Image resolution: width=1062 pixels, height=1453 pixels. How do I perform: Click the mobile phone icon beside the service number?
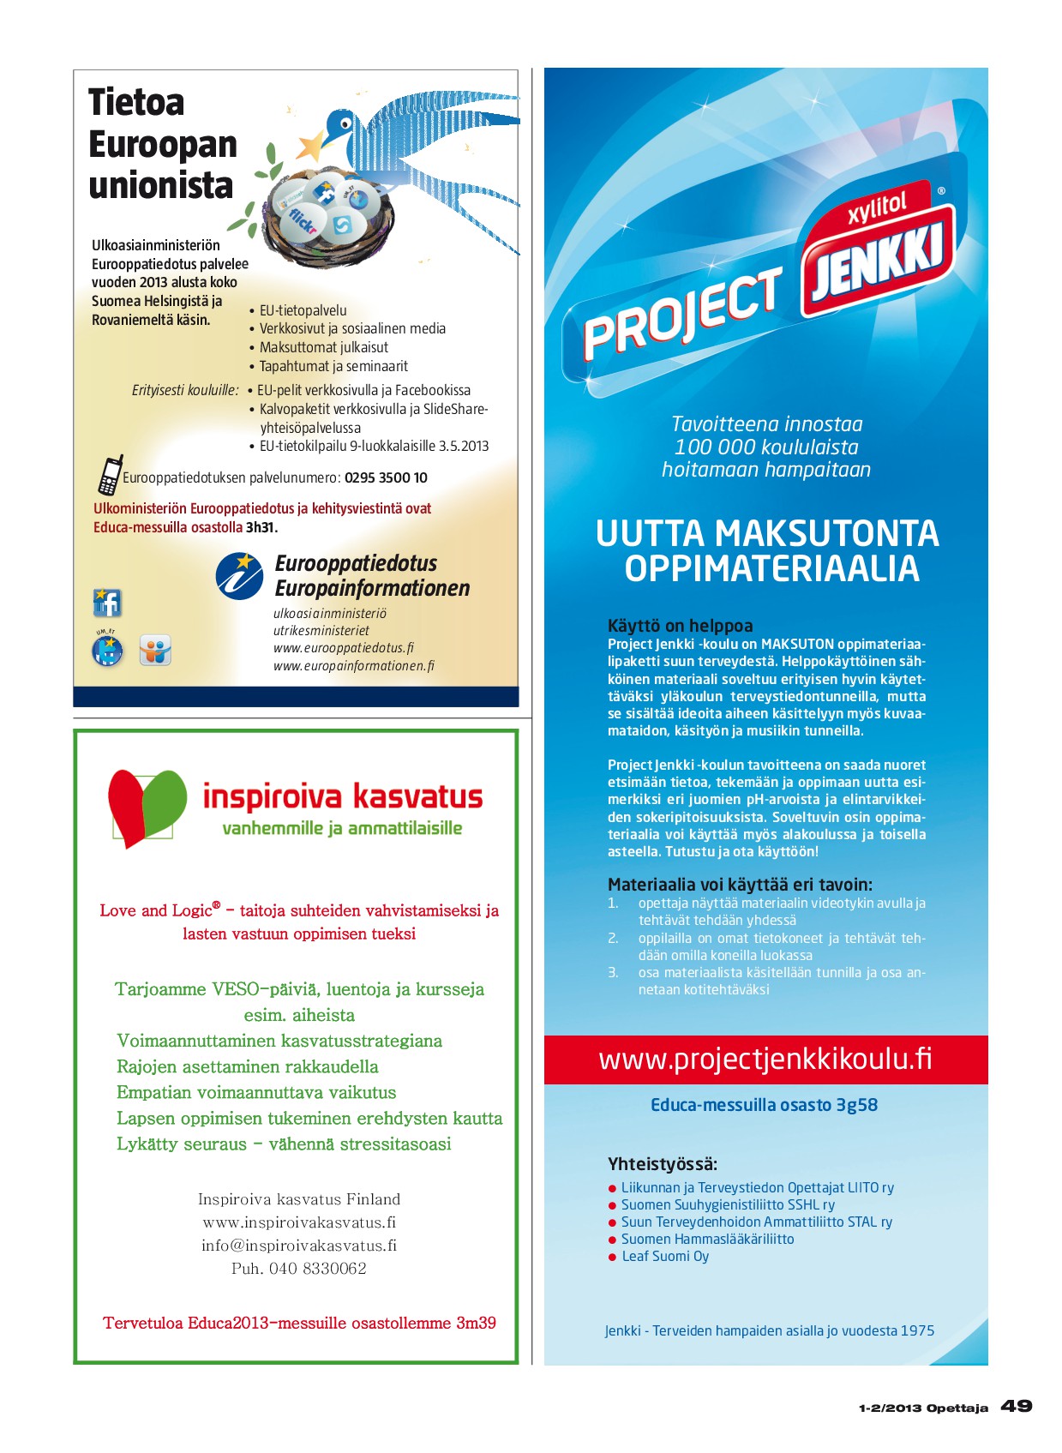[x=110, y=475]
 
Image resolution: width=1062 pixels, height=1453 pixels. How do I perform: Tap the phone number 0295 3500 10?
[x=386, y=477]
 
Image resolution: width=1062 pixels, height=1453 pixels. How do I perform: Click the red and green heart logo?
[x=147, y=806]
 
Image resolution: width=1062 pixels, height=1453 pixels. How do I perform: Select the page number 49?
[x=1017, y=1406]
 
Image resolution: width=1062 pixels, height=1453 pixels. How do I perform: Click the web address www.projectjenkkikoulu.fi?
[x=765, y=1060]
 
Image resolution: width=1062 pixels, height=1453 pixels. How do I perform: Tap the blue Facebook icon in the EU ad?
[x=107, y=603]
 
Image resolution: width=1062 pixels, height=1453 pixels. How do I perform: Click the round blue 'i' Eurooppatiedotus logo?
[x=239, y=575]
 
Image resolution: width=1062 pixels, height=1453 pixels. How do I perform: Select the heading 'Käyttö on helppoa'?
[x=680, y=625]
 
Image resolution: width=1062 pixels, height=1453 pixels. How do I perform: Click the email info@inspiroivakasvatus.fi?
[x=299, y=1245]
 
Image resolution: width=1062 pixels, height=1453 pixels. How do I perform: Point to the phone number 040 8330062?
[x=317, y=1268]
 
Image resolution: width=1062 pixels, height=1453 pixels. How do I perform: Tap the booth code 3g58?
[x=856, y=1104]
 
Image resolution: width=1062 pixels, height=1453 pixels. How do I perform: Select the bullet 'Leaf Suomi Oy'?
[x=665, y=1256]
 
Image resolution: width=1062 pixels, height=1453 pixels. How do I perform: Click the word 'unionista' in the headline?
[x=161, y=185]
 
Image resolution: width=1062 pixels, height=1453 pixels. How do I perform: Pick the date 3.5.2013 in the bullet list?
[x=464, y=446]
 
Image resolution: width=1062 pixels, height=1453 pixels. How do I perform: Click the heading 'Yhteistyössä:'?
[x=663, y=1163]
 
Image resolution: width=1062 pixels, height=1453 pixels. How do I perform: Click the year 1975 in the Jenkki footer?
[x=917, y=1330]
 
